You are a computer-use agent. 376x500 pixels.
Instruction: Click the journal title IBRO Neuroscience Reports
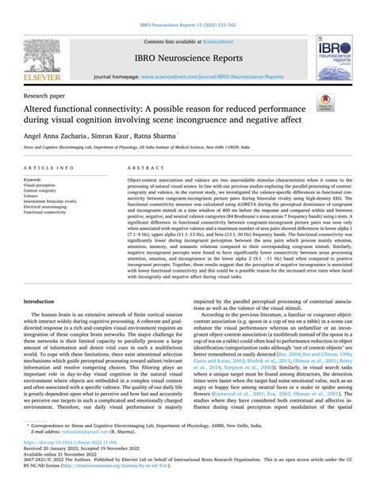(x=187, y=58)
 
